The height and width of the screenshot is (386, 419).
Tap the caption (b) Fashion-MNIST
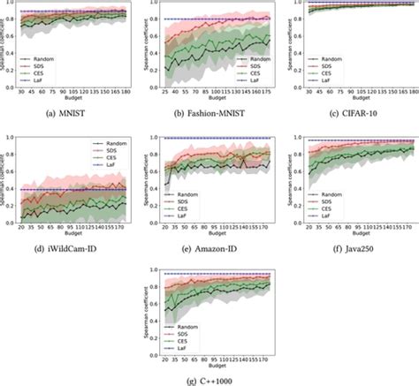click(210, 111)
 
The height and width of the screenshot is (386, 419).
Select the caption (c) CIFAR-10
click(351, 111)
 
